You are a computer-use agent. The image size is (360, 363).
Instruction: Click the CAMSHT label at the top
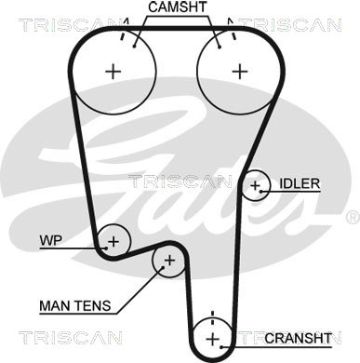click(177, 7)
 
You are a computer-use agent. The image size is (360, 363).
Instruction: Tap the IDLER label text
click(300, 183)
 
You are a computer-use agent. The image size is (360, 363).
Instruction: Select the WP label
click(51, 240)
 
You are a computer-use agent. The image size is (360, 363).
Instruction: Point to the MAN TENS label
click(75, 306)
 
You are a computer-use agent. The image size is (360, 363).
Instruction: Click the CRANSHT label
click(299, 338)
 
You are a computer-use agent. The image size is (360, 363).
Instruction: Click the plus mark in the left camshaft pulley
click(113, 72)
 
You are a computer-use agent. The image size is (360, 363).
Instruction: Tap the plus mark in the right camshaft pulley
click(240, 72)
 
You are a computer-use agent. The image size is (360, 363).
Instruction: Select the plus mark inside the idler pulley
click(255, 185)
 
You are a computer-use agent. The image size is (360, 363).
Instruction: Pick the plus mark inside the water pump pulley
click(113, 241)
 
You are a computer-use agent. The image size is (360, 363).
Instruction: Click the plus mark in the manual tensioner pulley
click(169, 261)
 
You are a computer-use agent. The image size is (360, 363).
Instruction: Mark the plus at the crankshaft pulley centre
click(213, 339)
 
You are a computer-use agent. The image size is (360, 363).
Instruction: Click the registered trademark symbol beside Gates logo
click(353, 217)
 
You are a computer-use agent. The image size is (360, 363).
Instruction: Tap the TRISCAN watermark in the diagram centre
click(180, 181)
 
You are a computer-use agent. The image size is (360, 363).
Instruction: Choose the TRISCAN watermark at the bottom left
click(71, 338)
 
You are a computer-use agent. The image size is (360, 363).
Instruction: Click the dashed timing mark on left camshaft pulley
click(125, 30)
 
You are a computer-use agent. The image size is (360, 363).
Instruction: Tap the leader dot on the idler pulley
click(261, 192)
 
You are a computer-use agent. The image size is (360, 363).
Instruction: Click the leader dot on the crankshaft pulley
click(221, 347)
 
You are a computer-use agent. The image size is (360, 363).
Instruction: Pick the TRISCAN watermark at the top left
click(70, 25)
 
